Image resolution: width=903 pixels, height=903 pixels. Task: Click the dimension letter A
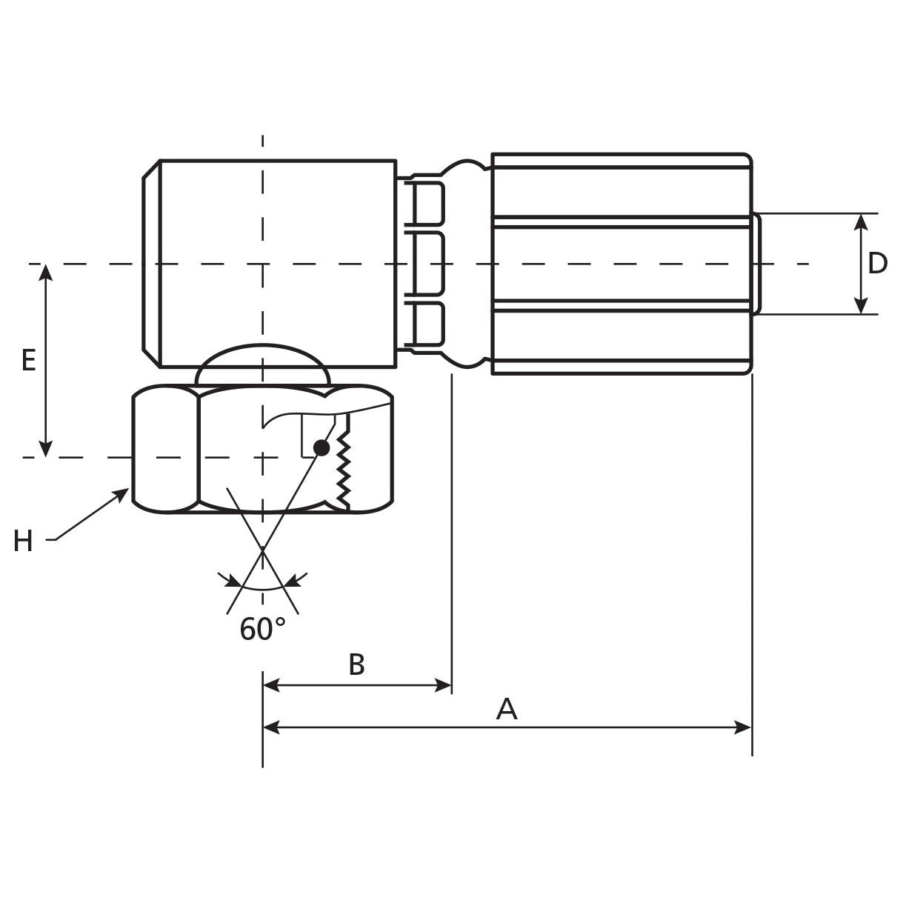(507, 709)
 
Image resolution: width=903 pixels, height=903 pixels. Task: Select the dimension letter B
(356, 664)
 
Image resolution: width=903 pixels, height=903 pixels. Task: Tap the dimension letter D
(877, 264)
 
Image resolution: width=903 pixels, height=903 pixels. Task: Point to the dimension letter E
(28, 361)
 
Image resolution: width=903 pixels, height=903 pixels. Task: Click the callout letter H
(23, 542)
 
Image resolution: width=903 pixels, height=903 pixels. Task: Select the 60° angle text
(262, 630)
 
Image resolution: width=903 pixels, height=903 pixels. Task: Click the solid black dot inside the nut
(321, 447)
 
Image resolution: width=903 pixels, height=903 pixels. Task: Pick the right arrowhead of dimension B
(444, 685)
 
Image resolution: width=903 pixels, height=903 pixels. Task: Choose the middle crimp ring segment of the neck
(427, 264)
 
